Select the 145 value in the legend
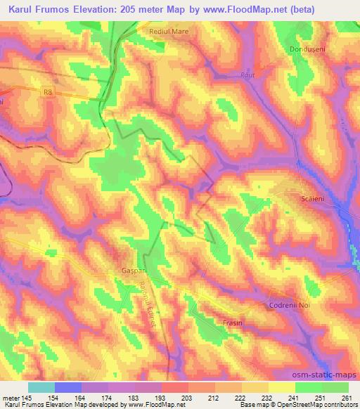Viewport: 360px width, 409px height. [x=26, y=397]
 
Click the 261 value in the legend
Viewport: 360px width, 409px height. [x=347, y=397]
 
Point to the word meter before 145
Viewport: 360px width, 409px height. [x=10, y=397]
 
